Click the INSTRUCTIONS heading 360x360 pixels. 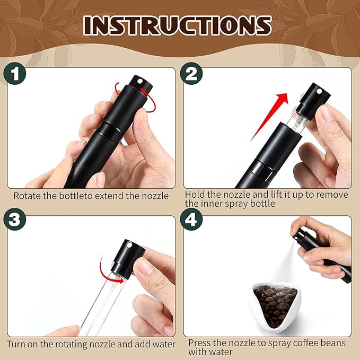tap(177, 25)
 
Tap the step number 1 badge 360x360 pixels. tap(15, 74)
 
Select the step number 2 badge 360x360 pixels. tap(191, 74)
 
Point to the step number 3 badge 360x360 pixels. tap(15, 219)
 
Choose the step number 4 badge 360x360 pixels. tap(191, 219)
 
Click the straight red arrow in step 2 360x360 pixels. tap(269, 117)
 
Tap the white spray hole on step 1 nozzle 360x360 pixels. tap(139, 82)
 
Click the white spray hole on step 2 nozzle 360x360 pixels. tap(319, 91)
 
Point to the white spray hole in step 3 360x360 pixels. tap(129, 245)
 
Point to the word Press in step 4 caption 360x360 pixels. tap(199, 343)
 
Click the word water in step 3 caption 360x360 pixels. tap(163, 344)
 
